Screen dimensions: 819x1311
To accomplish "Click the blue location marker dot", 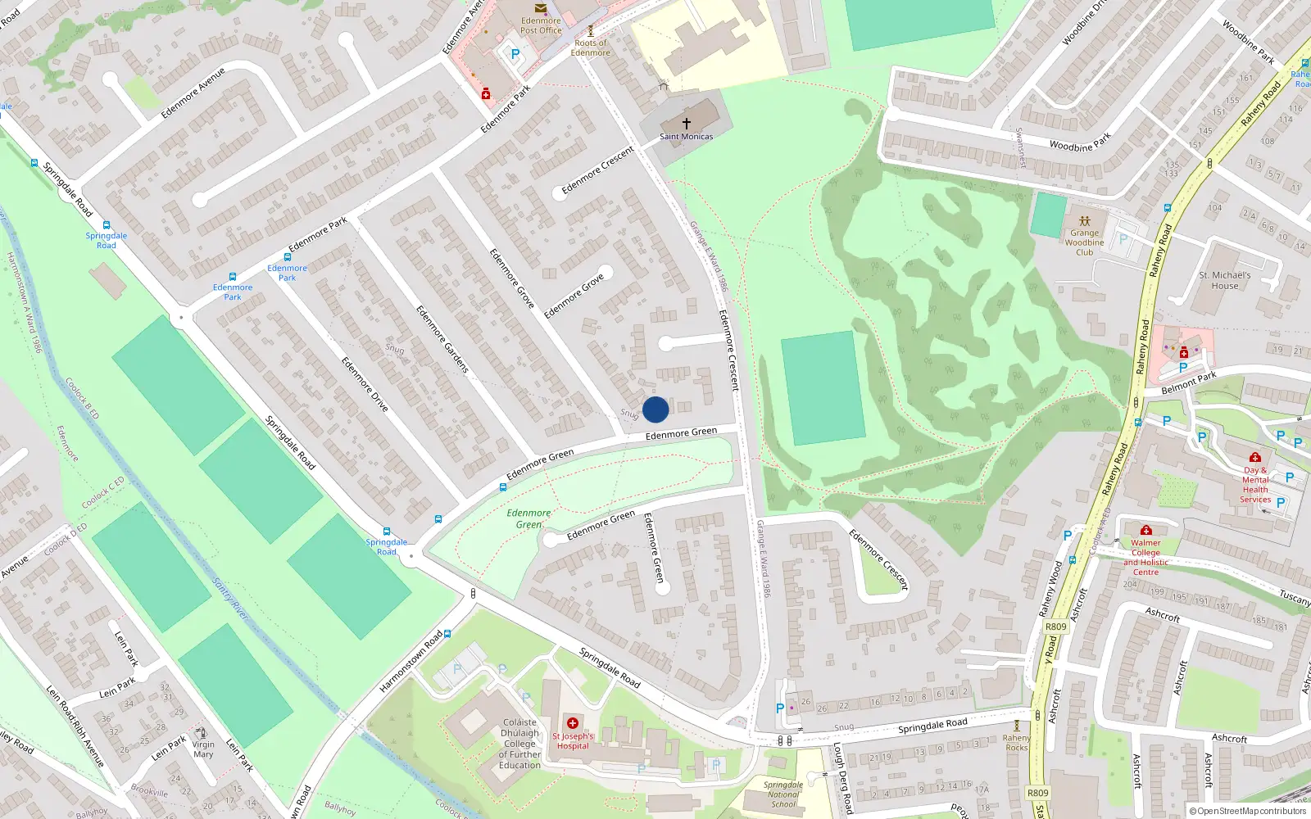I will (x=655, y=409).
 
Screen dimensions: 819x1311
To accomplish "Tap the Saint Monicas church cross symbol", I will (x=687, y=123).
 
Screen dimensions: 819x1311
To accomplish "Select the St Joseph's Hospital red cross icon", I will (x=573, y=723).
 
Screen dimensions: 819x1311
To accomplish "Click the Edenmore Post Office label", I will (x=541, y=25).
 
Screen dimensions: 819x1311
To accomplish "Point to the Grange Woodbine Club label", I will (x=1084, y=242).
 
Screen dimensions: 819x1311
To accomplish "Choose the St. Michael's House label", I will (x=1224, y=281).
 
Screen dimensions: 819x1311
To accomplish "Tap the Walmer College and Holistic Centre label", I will (x=1145, y=557).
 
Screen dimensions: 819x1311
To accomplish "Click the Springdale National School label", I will (x=783, y=794).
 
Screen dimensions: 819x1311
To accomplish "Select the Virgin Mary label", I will (x=203, y=749).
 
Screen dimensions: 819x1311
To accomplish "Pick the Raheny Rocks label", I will (x=1016, y=742).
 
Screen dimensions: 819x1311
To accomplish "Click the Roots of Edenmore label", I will (x=591, y=48).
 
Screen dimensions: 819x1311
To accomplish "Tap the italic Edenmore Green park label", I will (x=528, y=518).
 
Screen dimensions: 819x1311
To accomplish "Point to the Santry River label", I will (x=230, y=600).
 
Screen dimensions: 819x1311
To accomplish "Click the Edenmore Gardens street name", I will (x=442, y=339).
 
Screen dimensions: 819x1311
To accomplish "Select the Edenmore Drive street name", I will (x=365, y=384).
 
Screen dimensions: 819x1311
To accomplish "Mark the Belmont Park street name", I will (x=1188, y=382).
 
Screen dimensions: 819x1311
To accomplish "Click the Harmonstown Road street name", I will (x=411, y=661).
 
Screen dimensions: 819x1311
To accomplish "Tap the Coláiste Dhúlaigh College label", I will (x=519, y=744).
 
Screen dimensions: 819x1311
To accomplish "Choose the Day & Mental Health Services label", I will (x=1254, y=485).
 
